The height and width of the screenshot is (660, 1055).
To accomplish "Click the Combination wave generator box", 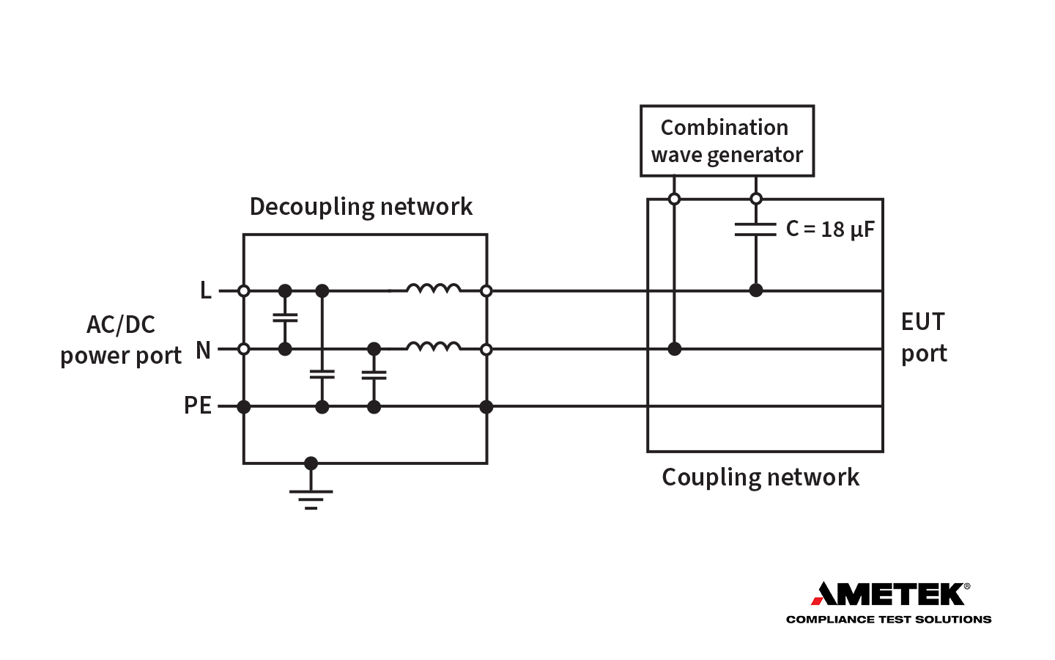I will click(727, 141).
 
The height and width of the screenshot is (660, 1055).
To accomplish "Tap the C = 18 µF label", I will click(830, 230).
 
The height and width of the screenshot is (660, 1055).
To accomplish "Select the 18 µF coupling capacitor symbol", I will click(755, 230).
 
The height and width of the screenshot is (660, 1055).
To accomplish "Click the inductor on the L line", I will click(434, 288).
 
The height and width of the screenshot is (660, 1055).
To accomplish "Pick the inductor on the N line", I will click(434, 346).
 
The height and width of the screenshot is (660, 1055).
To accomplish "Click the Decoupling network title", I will click(360, 207).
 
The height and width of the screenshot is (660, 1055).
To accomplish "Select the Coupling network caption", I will click(760, 477).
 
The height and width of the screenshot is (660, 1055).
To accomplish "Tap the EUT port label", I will click(923, 337).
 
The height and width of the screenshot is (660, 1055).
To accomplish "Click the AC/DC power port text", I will click(121, 340).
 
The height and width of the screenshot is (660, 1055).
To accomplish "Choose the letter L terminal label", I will click(206, 291).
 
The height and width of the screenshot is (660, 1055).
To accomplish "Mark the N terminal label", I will click(203, 351).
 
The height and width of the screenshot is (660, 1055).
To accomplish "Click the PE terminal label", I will click(198, 406).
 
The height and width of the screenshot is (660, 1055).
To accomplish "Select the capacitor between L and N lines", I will click(285, 318).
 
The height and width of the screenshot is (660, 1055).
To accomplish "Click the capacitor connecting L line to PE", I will click(322, 374).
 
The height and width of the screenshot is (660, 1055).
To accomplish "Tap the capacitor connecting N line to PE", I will click(374, 375).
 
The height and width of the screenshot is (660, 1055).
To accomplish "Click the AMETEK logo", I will click(889, 593).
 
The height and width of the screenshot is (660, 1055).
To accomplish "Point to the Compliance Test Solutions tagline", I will click(888, 620).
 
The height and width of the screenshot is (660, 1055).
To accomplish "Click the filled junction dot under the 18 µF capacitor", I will click(756, 290).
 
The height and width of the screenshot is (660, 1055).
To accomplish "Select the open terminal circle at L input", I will click(244, 291).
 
